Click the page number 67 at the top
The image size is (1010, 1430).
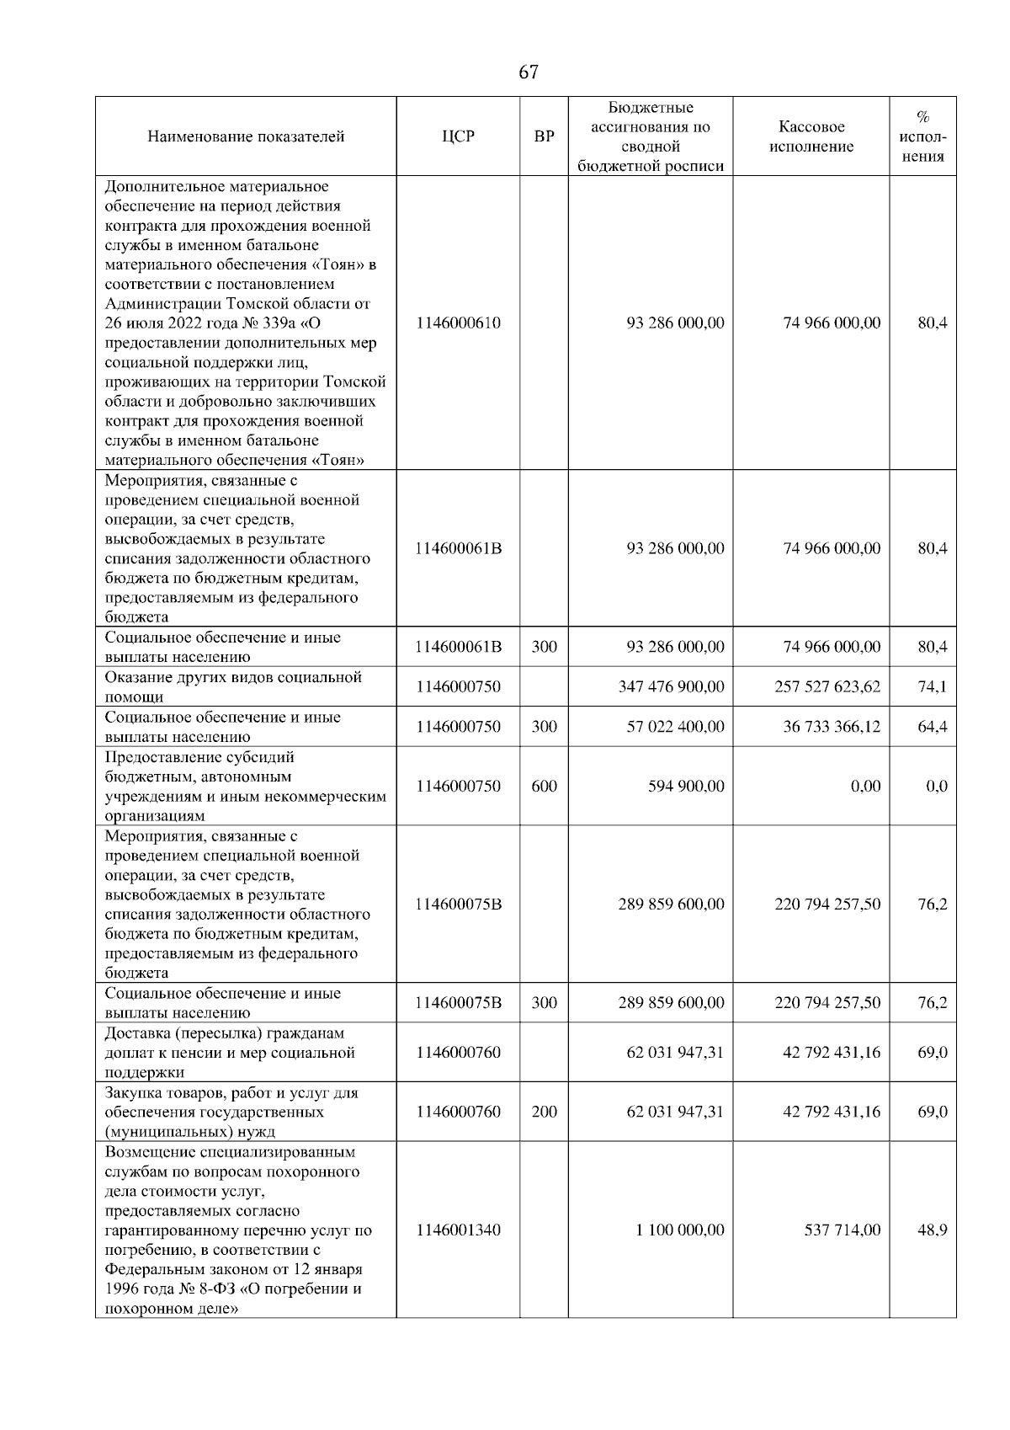(528, 72)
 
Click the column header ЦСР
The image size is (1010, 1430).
(458, 136)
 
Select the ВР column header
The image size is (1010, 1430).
(545, 136)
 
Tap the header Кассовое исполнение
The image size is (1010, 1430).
(811, 136)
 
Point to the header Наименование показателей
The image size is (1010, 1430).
(246, 136)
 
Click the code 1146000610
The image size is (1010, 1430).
(458, 323)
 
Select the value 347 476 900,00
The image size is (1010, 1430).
(671, 686)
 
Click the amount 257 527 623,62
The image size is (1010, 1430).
(827, 686)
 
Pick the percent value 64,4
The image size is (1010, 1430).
(932, 726)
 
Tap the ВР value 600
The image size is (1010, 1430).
(545, 786)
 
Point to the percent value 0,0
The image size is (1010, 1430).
(936, 786)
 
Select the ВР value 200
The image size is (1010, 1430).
(545, 1112)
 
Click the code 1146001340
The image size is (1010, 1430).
(458, 1230)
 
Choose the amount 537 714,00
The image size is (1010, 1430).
(843, 1230)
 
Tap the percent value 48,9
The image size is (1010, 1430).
(932, 1230)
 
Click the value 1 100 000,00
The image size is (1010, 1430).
(679, 1230)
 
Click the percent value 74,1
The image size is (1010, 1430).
(932, 686)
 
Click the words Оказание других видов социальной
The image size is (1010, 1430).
(233, 677)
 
